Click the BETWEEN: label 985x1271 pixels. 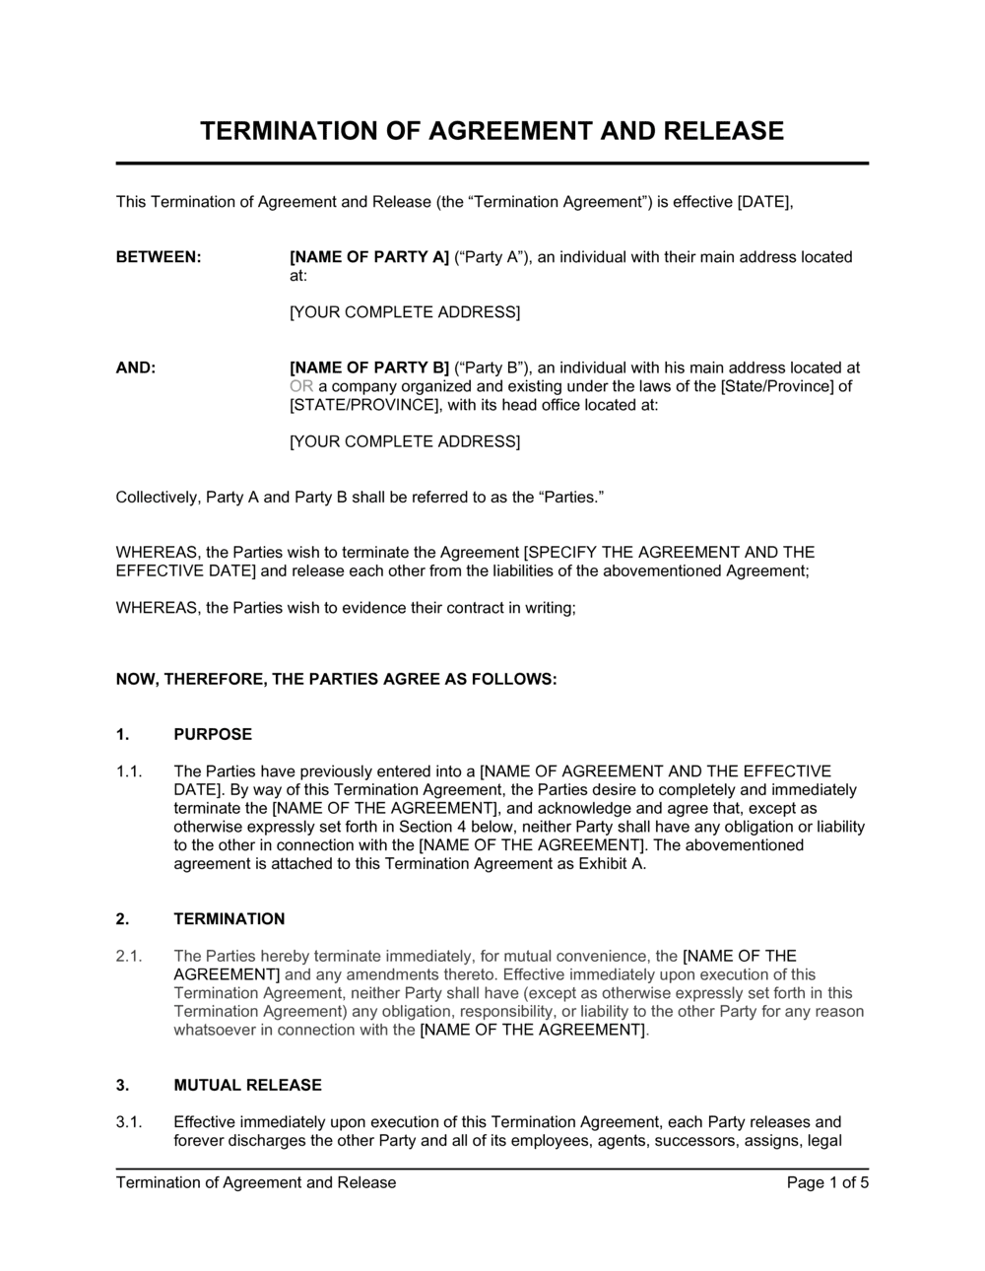[159, 257]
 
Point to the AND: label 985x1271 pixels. [136, 368]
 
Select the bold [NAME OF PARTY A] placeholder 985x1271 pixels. [369, 257]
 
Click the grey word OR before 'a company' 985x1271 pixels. [300, 386]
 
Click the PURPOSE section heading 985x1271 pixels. [213, 734]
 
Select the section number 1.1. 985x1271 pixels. [130, 771]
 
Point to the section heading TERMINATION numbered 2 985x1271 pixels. [230, 919]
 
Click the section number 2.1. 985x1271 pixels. [130, 956]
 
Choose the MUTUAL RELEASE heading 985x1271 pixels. [247, 1085]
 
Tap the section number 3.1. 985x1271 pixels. [130, 1122]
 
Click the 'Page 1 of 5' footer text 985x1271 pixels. [827, 1182]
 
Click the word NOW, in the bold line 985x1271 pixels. [138, 679]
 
